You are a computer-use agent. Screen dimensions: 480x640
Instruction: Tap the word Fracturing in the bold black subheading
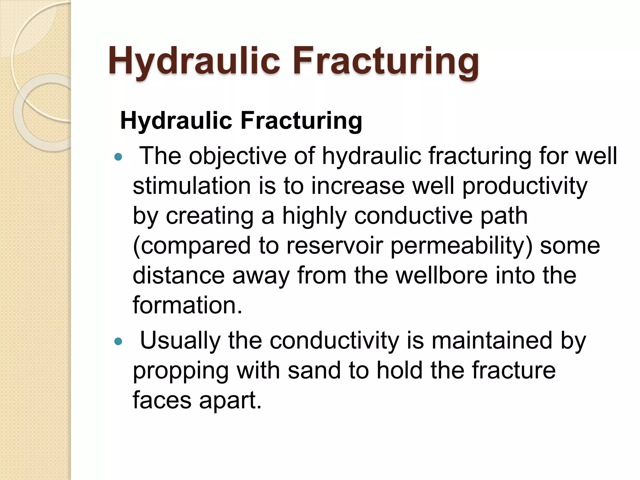coord(301,121)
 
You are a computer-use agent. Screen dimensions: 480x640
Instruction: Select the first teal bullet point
coord(118,157)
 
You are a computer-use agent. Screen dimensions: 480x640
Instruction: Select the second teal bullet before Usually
coord(118,342)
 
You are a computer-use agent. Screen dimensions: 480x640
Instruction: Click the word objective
coord(237,156)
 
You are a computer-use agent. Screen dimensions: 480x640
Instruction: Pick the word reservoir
coord(334,246)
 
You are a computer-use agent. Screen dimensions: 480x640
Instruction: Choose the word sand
coord(314,370)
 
